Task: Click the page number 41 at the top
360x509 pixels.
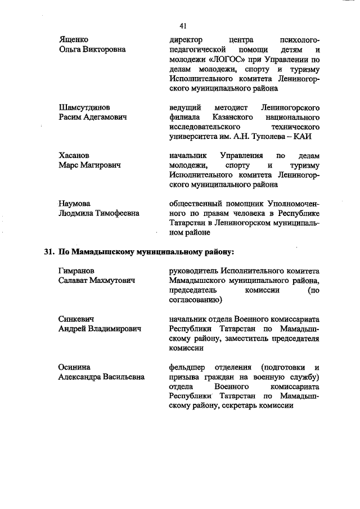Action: (x=183, y=25)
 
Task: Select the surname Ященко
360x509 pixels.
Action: (x=74, y=40)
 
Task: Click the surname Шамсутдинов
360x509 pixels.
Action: (x=84, y=107)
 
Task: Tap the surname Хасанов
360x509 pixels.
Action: (x=74, y=155)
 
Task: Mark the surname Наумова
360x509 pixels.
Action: (x=75, y=203)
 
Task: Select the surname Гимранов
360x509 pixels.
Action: (x=76, y=271)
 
